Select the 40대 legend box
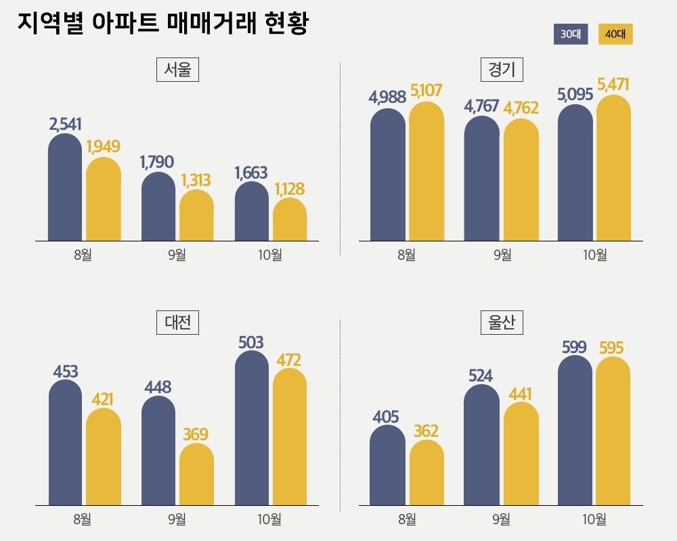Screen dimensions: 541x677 (x=615, y=34)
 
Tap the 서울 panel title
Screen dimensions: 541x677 (x=177, y=70)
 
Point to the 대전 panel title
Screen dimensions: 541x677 (x=177, y=322)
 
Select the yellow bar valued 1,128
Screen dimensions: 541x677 (x=290, y=220)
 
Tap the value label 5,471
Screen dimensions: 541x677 (x=613, y=85)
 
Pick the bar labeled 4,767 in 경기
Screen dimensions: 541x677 (x=481, y=179)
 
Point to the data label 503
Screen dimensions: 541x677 (x=251, y=342)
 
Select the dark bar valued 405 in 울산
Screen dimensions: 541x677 (x=388, y=467)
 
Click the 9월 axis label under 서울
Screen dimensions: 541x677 (x=176, y=255)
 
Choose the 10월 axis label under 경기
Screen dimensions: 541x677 (x=594, y=255)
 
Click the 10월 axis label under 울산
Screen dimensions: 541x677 (x=594, y=519)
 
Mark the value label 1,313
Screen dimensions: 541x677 (x=196, y=180)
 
